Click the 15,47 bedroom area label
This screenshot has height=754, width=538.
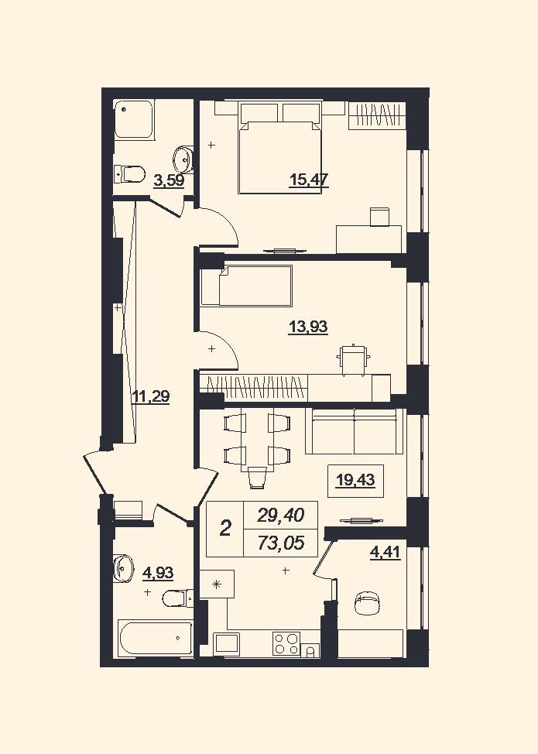309,180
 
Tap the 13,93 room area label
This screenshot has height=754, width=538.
308,327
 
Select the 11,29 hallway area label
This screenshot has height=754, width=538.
150,397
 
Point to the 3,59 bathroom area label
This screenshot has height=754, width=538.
169,181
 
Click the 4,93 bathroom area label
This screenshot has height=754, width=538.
158,573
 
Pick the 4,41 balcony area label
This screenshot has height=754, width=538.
385,552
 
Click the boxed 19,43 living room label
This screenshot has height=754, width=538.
355,481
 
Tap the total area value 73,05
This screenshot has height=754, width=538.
281,543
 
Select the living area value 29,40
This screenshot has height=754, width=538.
281,516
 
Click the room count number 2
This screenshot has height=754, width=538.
225,529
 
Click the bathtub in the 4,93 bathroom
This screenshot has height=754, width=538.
155,637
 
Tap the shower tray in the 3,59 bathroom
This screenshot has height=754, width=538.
135,119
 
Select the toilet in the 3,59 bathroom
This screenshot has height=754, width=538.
130,174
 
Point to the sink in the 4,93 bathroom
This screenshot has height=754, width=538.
124,568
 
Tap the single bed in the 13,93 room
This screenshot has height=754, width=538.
247,285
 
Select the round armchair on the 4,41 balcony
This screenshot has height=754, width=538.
368,603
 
